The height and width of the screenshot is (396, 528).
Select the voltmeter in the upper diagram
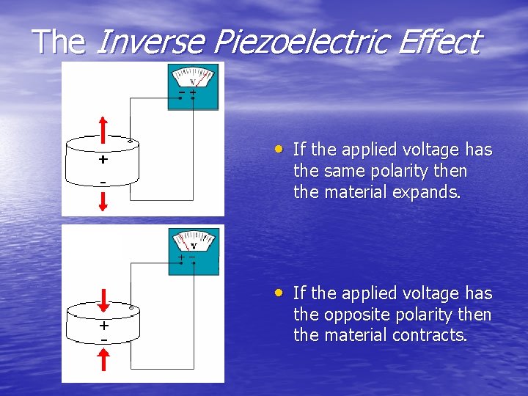pyautogui.click(x=193, y=87)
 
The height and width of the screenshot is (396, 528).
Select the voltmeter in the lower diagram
pyautogui.click(x=193, y=252)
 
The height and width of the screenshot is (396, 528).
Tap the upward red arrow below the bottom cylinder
pyautogui.click(x=103, y=359)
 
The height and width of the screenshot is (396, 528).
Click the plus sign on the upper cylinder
pyautogui.click(x=103, y=159)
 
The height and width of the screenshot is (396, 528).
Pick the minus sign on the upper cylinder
pyautogui.click(x=103, y=181)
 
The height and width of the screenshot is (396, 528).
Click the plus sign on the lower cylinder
pyautogui.click(x=103, y=326)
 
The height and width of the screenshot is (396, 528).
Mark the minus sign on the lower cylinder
pyautogui.click(x=103, y=340)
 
